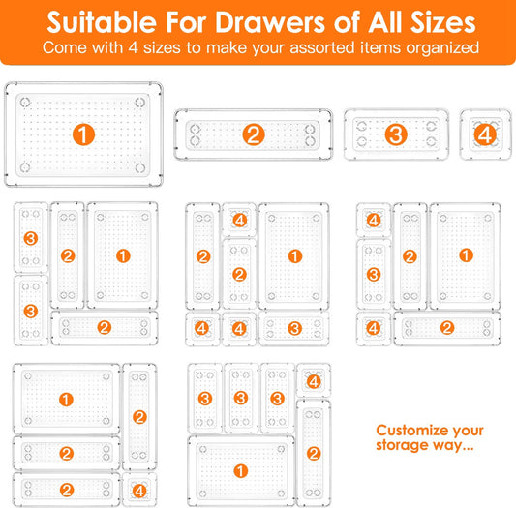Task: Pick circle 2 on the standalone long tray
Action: click(x=255, y=134)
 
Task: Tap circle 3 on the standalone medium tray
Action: click(x=395, y=134)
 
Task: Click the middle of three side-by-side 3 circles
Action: click(x=241, y=398)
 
